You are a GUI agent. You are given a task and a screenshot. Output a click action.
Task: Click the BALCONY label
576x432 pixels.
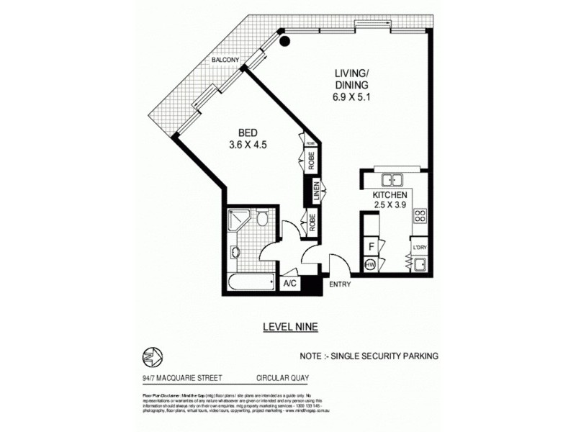tap(225, 60)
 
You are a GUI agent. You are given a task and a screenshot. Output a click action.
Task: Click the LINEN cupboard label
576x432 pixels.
tap(315, 192)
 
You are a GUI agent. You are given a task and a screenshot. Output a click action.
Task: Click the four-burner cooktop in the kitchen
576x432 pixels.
tap(421, 215)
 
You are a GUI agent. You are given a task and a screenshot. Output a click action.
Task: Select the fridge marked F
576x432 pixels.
tap(372, 246)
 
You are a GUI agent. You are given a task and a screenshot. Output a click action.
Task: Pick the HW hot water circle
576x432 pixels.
tap(371, 265)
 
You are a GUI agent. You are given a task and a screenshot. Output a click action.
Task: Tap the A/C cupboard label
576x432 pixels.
tap(290, 284)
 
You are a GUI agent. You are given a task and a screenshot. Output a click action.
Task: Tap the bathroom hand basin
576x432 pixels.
tap(235, 253)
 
